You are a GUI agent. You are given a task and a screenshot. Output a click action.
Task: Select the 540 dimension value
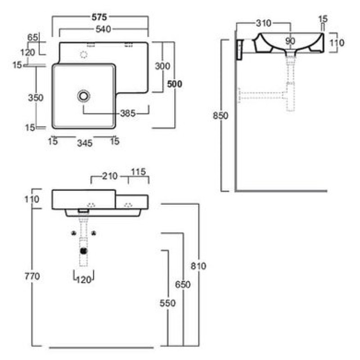point(103,30)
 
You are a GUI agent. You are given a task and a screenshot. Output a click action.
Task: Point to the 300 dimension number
point(162,66)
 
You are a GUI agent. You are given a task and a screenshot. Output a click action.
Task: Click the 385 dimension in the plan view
point(127,113)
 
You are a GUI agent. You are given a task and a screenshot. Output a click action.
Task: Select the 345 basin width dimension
point(85,143)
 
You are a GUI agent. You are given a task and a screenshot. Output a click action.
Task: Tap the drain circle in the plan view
point(84,95)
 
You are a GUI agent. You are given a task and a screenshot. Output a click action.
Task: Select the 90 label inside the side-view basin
point(290,41)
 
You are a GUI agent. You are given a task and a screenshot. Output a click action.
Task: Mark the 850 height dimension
point(221,116)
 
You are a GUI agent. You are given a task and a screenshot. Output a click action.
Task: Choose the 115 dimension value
point(139,172)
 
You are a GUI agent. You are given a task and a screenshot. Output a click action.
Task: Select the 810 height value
point(198,266)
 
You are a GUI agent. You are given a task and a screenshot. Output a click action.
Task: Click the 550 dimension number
point(167,303)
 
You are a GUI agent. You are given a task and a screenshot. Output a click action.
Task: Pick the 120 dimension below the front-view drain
point(84,280)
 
